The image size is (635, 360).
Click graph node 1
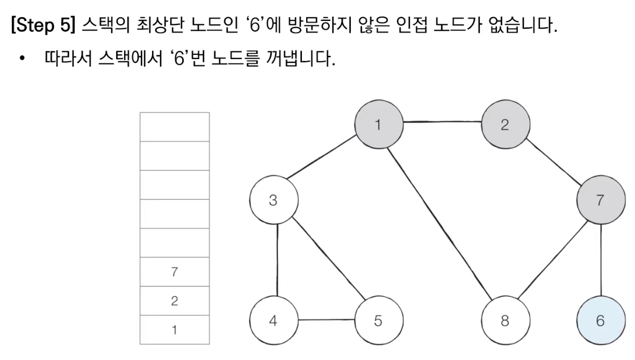(378, 125)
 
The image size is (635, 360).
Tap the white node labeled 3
(273, 201)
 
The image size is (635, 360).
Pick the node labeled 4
(273, 321)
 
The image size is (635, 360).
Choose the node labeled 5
(378, 321)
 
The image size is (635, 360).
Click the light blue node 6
(600, 321)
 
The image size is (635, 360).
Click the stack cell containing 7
(175, 272)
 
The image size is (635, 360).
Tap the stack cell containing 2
(175, 301)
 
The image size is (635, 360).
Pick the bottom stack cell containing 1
(175, 330)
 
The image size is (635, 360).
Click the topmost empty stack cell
(175, 127)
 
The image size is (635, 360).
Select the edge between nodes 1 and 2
(442, 123)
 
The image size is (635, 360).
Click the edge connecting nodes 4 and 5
(326, 320)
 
